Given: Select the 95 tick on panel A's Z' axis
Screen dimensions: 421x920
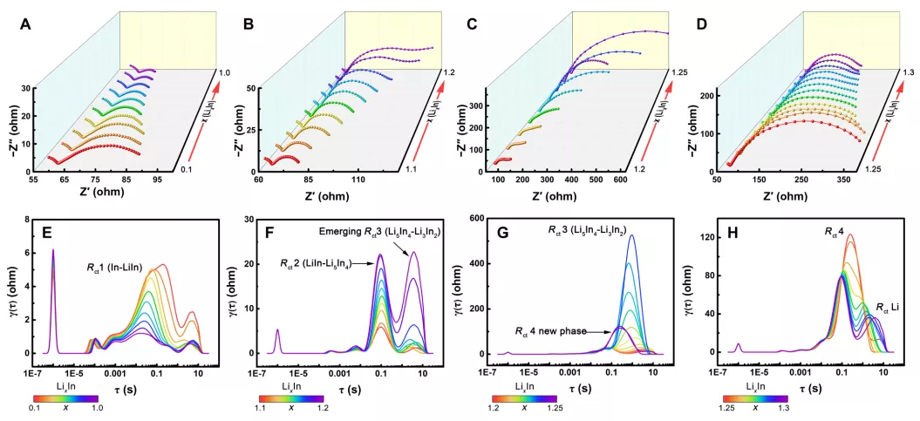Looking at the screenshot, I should (157, 180).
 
